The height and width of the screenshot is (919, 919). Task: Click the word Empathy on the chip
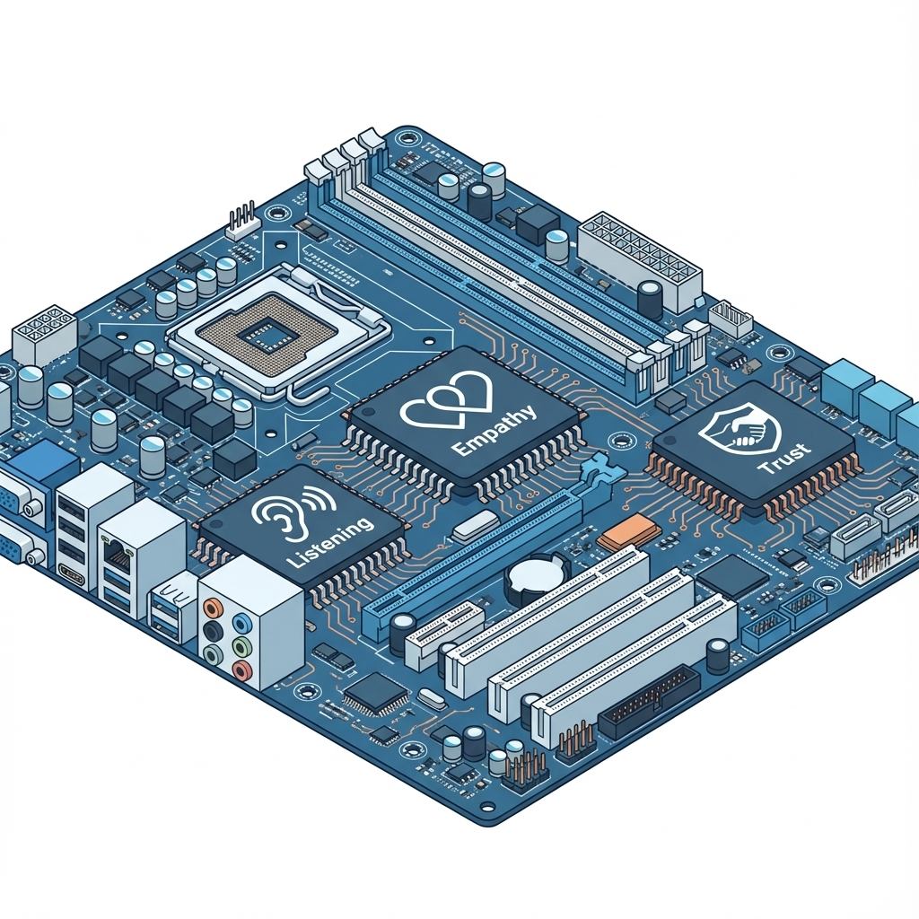click(495, 430)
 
